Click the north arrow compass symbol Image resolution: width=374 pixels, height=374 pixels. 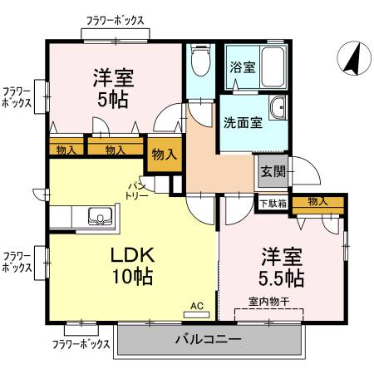tap(352, 58)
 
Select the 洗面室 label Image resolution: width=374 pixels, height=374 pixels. tap(243, 122)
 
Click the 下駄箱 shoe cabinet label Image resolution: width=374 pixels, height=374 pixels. tap(273, 202)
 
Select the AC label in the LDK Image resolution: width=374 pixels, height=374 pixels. tap(197, 305)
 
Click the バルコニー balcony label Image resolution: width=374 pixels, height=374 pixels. tap(208, 339)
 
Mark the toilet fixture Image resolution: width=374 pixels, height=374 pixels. tap(199, 60)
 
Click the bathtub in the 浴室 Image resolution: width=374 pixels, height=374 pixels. tap(268, 67)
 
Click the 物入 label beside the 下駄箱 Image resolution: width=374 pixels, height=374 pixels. tap(317, 201)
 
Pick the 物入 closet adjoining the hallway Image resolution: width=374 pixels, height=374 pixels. tap(164, 154)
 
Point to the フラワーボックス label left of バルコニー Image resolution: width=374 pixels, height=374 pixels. tap(81, 343)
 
